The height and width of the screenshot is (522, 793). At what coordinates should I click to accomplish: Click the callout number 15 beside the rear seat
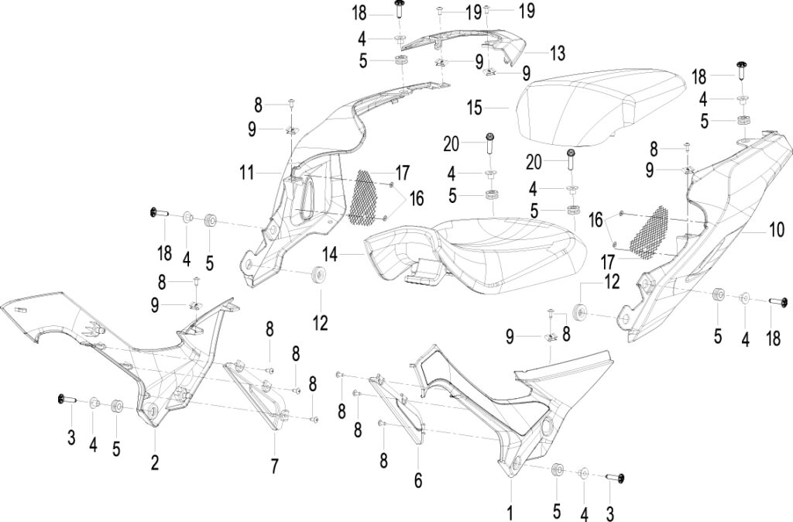(475, 108)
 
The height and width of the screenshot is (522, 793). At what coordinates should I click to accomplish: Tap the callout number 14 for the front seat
(330, 255)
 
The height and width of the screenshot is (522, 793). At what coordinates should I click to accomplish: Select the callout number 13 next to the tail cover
(558, 53)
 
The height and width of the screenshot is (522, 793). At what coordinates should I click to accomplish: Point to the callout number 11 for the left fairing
(246, 173)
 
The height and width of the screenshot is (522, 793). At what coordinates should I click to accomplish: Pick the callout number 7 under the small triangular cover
(274, 466)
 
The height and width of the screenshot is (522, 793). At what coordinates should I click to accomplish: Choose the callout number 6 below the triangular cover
(417, 480)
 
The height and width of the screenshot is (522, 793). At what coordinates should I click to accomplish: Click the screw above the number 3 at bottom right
(615, 477)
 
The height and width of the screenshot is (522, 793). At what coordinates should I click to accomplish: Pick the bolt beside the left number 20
(490, 144)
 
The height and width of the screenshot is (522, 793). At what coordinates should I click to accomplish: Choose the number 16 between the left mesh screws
(416, 198)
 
